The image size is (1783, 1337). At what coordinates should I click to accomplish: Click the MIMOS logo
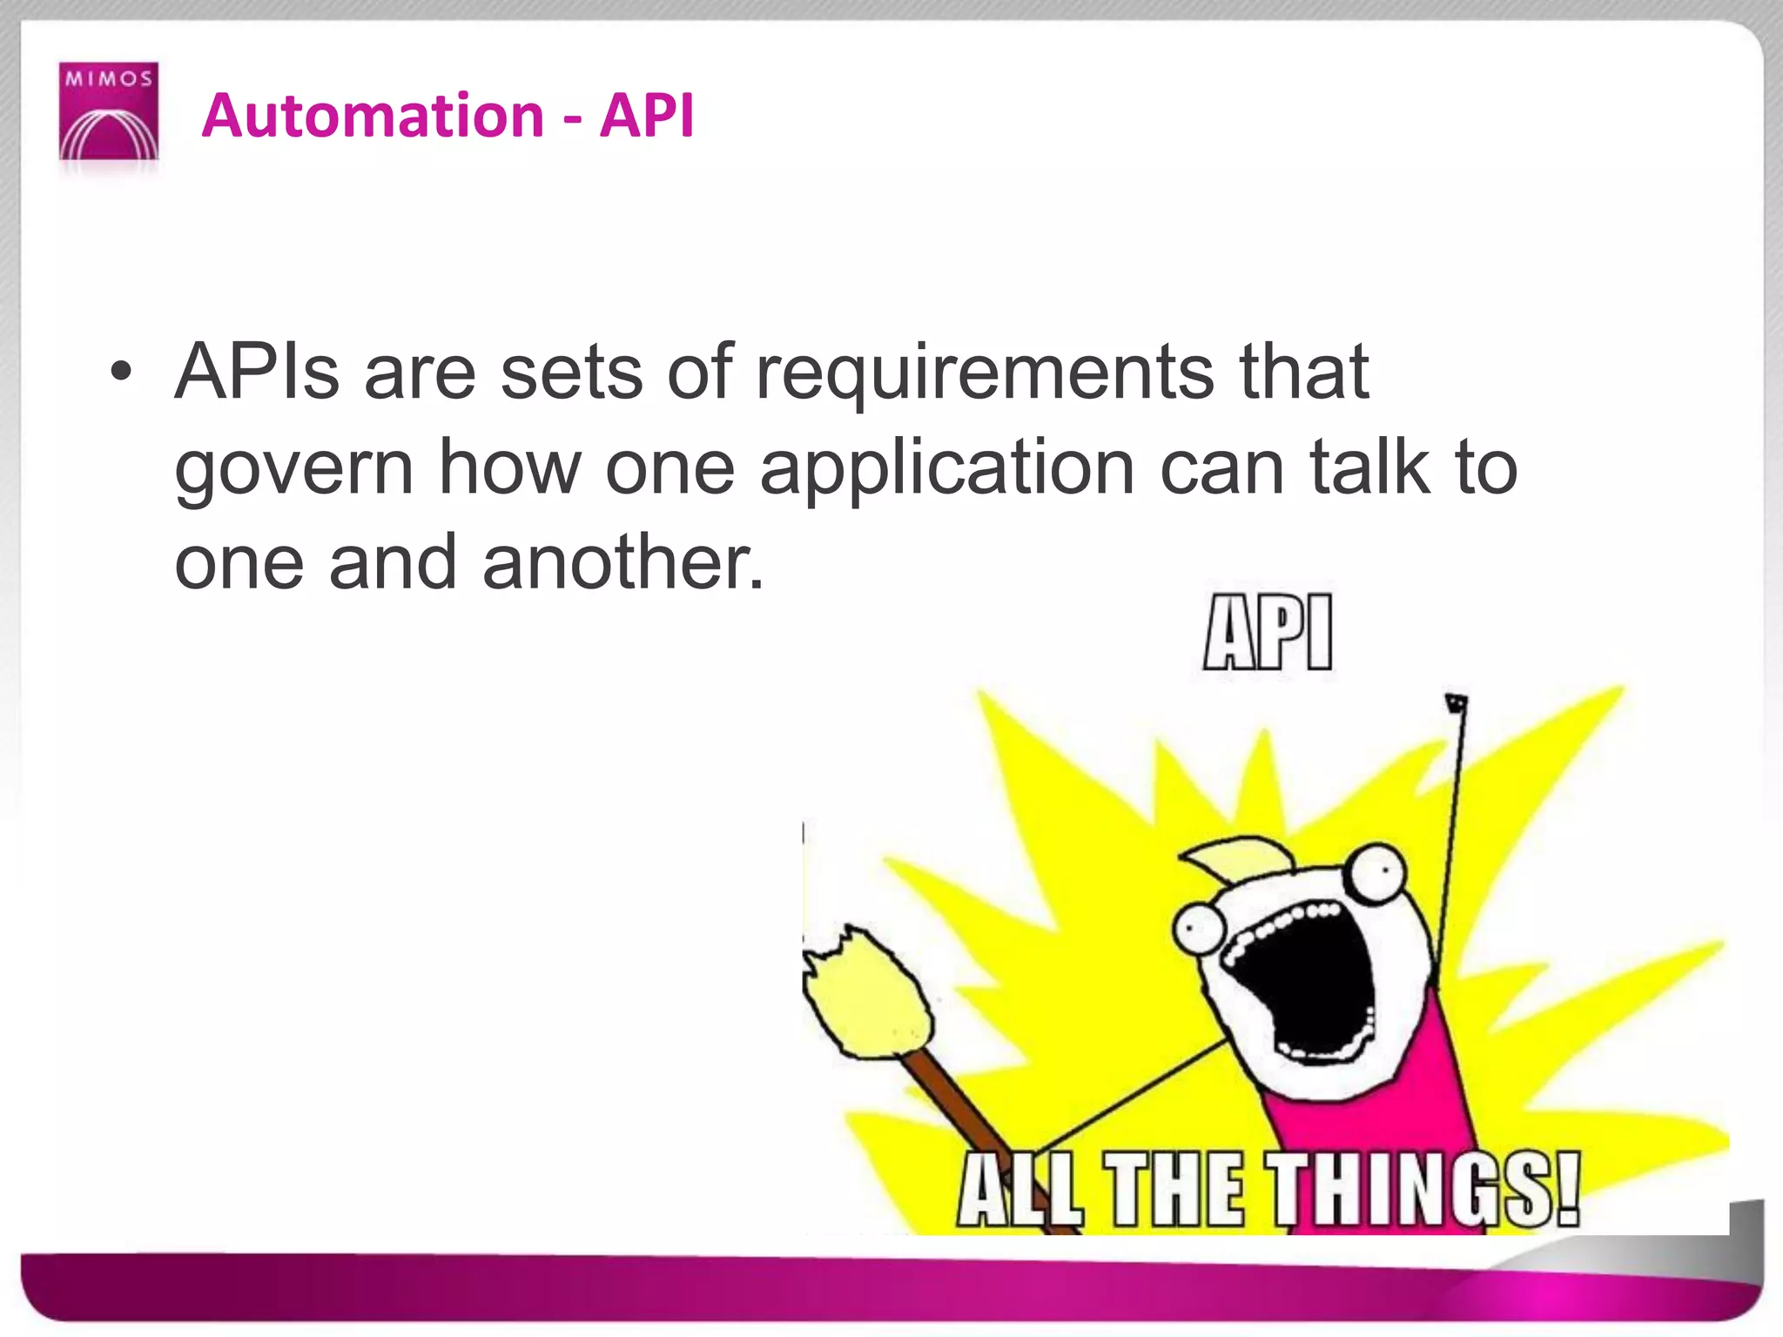click(x=109, y=111)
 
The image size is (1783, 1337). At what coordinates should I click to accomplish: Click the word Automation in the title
click(x=373, y=116)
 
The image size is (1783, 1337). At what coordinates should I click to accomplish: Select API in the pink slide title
click(x=647, y=116)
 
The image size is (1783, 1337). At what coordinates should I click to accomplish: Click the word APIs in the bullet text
click(x=257, y=373)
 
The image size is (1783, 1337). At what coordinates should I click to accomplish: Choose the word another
click(x=622, y=562)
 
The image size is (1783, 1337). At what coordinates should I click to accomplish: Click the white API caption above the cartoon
click(x=1268, y=633)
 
